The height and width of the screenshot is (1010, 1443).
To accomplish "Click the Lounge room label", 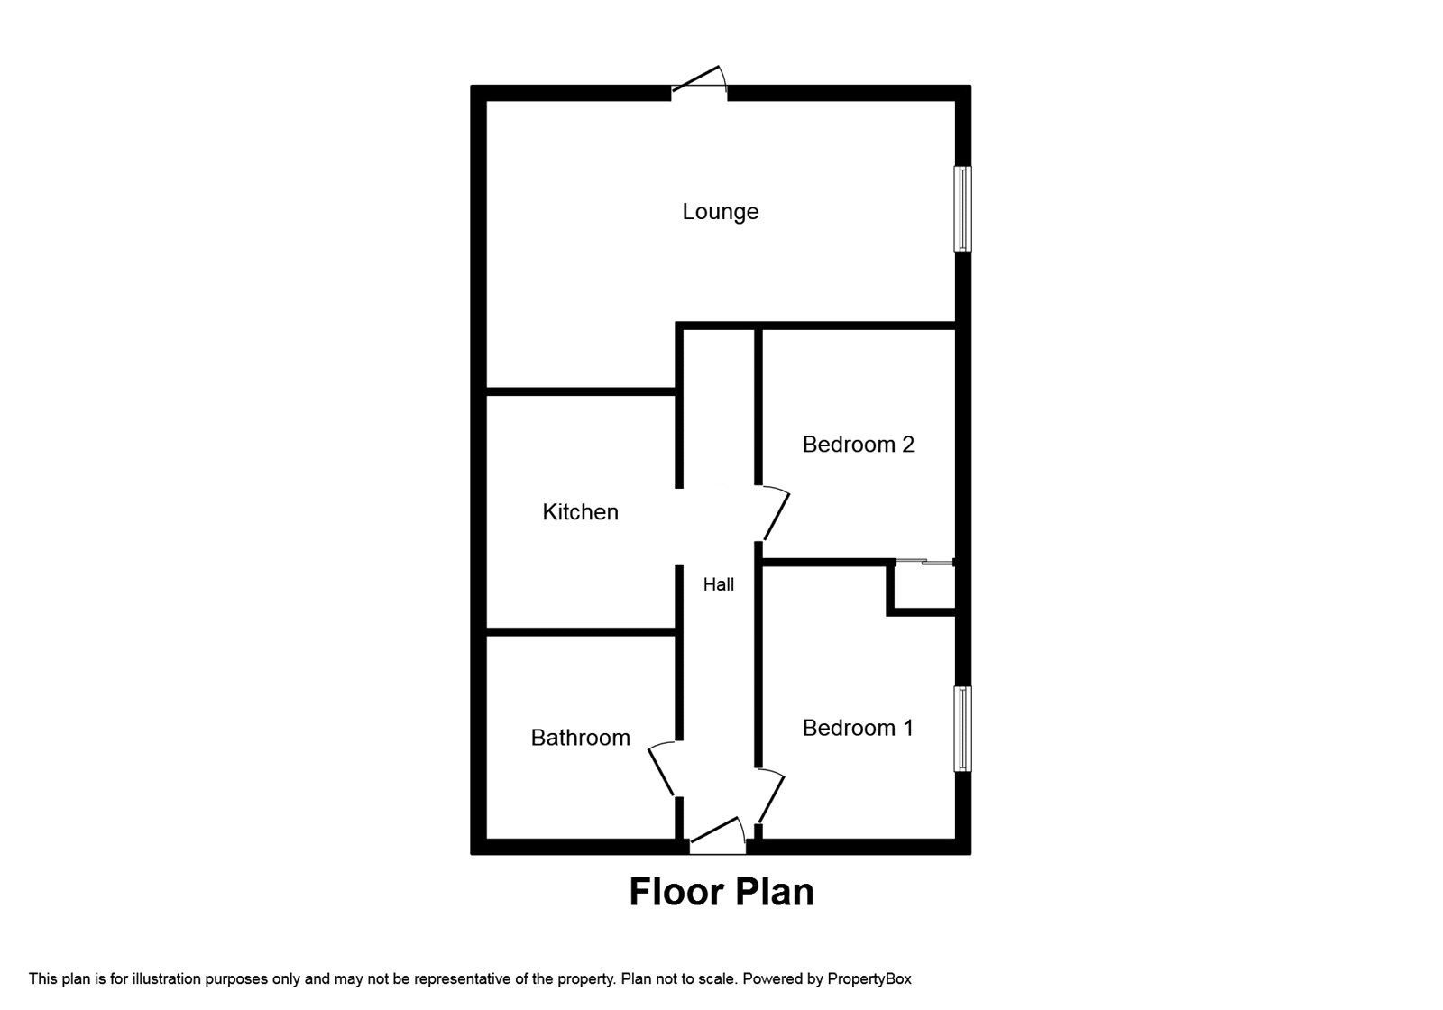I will tap(720, 212).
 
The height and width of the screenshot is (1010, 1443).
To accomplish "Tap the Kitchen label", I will tap(580, 512).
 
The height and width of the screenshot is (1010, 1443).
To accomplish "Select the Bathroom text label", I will tap(580, 738).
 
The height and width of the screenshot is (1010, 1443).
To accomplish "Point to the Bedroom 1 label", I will tap(858, 728).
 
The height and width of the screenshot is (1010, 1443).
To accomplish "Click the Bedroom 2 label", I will tap(858, 445).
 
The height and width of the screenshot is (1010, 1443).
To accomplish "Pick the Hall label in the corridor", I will tap(718, 585).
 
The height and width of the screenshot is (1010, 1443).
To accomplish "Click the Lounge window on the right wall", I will tap(963, 208).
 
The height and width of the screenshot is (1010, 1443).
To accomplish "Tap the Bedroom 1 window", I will tap(963, 729).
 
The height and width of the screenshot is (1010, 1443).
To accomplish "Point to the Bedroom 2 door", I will tap(775, 515).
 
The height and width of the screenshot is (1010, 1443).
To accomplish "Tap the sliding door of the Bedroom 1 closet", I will tap(925, 563).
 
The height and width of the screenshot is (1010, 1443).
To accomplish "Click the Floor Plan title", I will tap(721, 892).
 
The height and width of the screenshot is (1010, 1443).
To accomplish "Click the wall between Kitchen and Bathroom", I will tap(580, 632).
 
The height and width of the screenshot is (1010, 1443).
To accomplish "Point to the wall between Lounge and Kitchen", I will tap(580, 391).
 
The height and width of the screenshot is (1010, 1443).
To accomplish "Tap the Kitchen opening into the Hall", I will tap(679, 527).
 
